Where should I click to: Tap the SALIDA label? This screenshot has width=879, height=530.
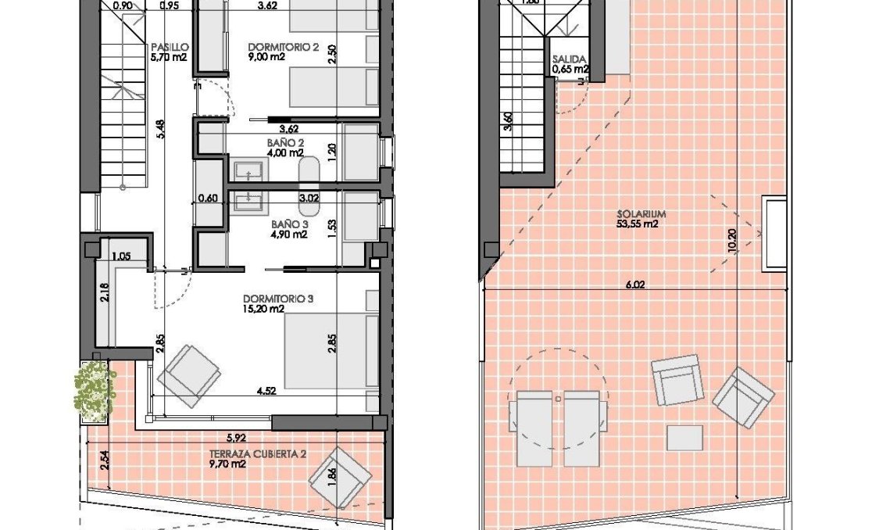(x=569, y=59)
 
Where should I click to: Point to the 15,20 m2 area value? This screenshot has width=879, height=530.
(x=263, y=309)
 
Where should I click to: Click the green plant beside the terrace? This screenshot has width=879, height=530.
(x=92, y=389)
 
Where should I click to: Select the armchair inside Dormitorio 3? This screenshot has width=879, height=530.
(x=188, y=375)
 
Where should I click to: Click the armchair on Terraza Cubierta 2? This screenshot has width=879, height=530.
(x=341, y=477)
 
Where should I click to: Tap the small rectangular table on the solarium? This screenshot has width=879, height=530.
(x=684, y=436)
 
